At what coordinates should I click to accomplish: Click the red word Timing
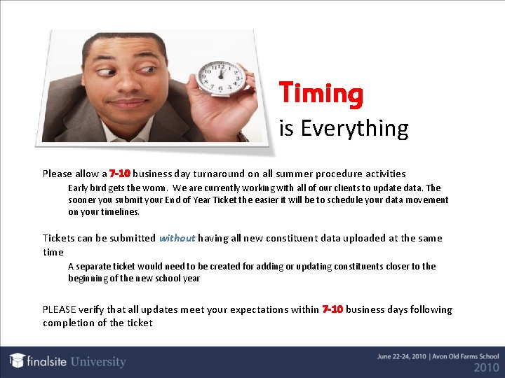321,94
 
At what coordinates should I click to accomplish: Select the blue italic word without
177,238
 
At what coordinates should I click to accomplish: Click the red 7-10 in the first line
120,174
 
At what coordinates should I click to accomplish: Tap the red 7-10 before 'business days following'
332,309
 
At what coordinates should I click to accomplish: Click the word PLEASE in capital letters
59,309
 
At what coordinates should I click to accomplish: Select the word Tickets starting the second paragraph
59,238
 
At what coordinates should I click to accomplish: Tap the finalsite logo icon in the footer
18,360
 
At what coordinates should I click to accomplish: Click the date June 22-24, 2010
403,356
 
